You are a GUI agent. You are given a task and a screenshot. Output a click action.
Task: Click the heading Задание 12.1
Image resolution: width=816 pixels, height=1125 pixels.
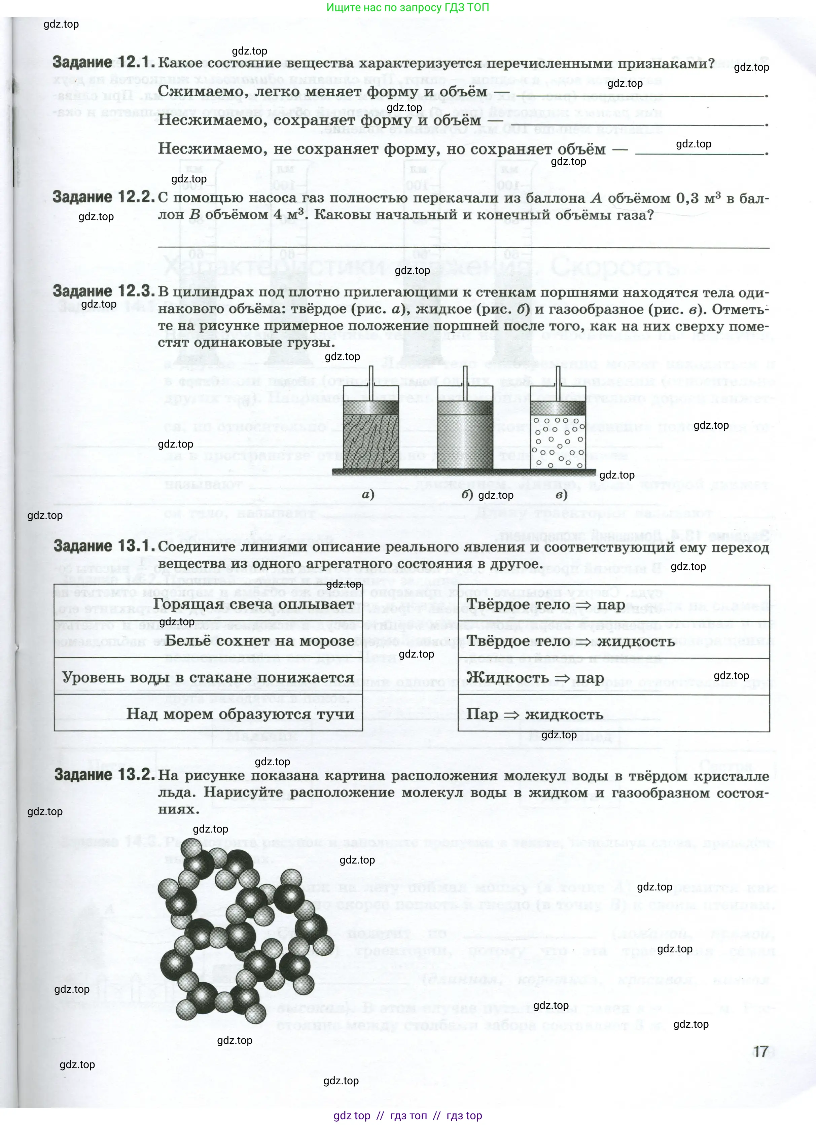point(103,63)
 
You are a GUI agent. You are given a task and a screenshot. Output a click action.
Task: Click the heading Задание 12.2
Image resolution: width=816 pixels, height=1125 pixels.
point(104,198)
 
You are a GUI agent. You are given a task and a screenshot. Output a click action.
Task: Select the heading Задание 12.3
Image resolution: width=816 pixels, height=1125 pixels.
point(104,292)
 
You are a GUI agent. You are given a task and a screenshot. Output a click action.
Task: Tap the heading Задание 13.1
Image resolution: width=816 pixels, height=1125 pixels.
point(104,546)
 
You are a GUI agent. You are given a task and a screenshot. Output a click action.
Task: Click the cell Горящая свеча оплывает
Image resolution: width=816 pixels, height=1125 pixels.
point(253,604)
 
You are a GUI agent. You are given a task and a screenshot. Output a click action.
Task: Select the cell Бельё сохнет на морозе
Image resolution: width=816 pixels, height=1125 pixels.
point(259,641)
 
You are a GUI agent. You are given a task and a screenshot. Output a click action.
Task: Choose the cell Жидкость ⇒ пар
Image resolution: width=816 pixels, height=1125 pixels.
point(535,677)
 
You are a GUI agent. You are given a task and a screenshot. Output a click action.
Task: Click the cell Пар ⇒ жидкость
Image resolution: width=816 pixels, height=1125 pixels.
point(535,714)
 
